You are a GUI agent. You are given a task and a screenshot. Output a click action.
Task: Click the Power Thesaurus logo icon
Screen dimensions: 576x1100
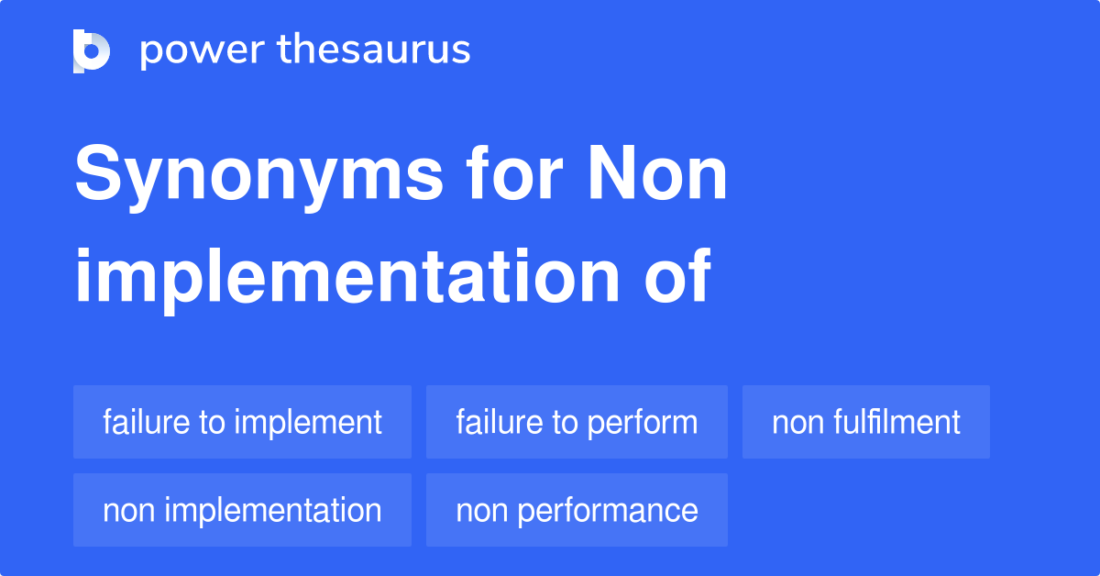pos(92,50)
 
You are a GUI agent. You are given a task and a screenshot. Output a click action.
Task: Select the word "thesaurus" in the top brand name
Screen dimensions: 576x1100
pos(374,50)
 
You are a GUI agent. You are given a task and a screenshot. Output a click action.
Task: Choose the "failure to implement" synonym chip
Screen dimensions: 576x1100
pos(242,422)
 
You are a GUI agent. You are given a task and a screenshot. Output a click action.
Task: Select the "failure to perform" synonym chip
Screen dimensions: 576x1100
pos(577,422)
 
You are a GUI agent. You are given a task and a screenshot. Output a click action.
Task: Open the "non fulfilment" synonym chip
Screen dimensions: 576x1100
pos(865,422)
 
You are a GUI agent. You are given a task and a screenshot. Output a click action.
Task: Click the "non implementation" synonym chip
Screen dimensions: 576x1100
pos(242,510)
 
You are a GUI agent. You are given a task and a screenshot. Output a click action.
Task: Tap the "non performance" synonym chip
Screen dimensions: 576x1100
pos(577,510)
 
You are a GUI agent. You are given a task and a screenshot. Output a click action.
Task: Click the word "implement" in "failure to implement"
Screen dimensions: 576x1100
pos(308,422)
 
